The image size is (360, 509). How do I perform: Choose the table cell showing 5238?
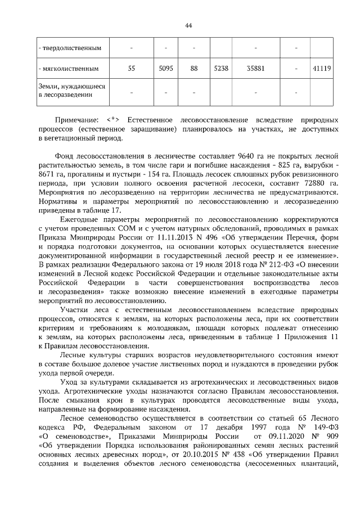pos(221,69)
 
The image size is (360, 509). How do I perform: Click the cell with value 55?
pos(131,69)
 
